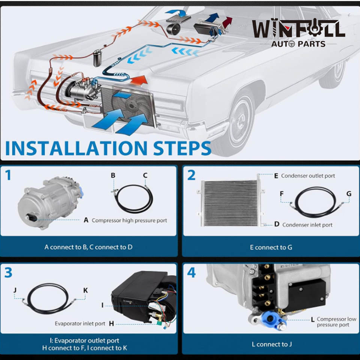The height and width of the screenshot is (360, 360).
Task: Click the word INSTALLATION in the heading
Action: coord(75,148)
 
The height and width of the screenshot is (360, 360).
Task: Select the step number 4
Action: coord(191,273)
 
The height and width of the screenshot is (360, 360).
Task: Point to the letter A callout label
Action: coord(86,220)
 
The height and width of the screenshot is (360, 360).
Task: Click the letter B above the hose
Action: coord(113,175)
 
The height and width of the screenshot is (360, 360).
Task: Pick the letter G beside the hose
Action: coord(349,193)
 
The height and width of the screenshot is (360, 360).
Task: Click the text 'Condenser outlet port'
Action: coord(308,175)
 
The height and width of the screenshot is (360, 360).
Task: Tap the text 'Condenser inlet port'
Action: coord(307,225)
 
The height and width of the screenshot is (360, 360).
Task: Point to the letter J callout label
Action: coord(15,290)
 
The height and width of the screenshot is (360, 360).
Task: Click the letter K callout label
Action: coord(85,290)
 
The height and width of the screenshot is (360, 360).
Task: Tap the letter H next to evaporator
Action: coord(111,323)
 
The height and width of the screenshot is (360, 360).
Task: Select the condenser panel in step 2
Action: coord(229,203)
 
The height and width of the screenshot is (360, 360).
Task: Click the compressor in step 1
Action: coord(49,202)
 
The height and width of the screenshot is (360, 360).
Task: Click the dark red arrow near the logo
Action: coord(227,23)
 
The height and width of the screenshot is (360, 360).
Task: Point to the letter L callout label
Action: coord(313,320)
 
